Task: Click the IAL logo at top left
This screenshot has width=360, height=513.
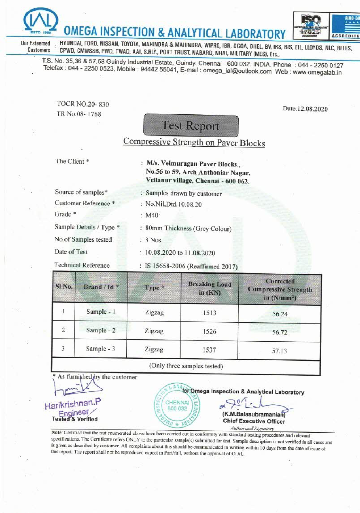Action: pyautogui.click(x=40, y=21)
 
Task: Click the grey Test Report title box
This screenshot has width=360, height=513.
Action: pyautogui.click(x=191, y=126)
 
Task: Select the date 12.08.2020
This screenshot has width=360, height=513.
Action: pyautogui.click(x=305, y=109)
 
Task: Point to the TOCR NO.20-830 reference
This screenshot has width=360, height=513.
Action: pyautogui.click(x=83, y=104)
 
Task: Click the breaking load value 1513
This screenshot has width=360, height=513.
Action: pyautogui.click(x=209, y=313)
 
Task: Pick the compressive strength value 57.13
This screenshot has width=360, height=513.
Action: pyautogui.click(x=279, y=351)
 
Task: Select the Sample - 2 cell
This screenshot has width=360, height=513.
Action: pyautogui.click(x=101, y=330)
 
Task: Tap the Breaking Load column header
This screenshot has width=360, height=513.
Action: pyautogui.click(x=210, y=288)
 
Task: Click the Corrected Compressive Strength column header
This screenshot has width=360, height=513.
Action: pyautogui.click(x=280, y=289)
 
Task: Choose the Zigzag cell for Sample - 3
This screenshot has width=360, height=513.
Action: pyautogui.click(x=154, y=350)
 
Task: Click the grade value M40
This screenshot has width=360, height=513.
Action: pyautogui.click(x=152, y=215)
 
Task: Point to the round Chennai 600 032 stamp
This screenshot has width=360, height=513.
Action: pyautogui.click(x=177, y=405)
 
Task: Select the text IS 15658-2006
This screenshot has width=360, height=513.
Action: pyautogui.click(x=165, y=266)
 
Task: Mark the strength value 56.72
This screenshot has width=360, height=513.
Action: pyautogui.click(x=280, y=332)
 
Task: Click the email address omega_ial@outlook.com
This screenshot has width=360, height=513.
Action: pyautogui.click(x=237, y=71)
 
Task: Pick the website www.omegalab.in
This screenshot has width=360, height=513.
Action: pyautogui.click(x=317, y=72)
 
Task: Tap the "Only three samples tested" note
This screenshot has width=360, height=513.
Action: pyautogui.click(x=186, y=366)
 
